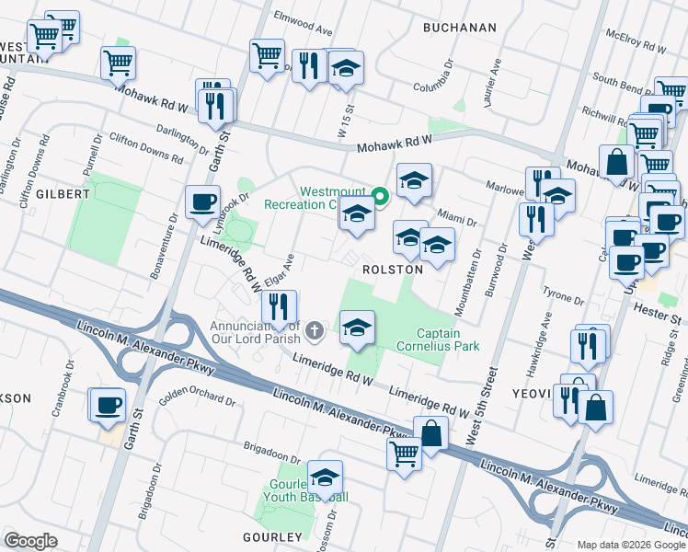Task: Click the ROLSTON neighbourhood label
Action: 393,270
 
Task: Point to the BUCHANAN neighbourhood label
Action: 459,29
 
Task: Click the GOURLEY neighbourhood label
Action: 272,536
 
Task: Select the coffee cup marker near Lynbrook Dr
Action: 202,202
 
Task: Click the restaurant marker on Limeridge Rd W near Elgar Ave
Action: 279,306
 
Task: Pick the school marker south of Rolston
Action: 357,328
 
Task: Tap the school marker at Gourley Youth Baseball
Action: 325,477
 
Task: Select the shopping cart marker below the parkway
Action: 405,454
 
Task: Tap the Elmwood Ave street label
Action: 303,23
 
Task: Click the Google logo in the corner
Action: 30,541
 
